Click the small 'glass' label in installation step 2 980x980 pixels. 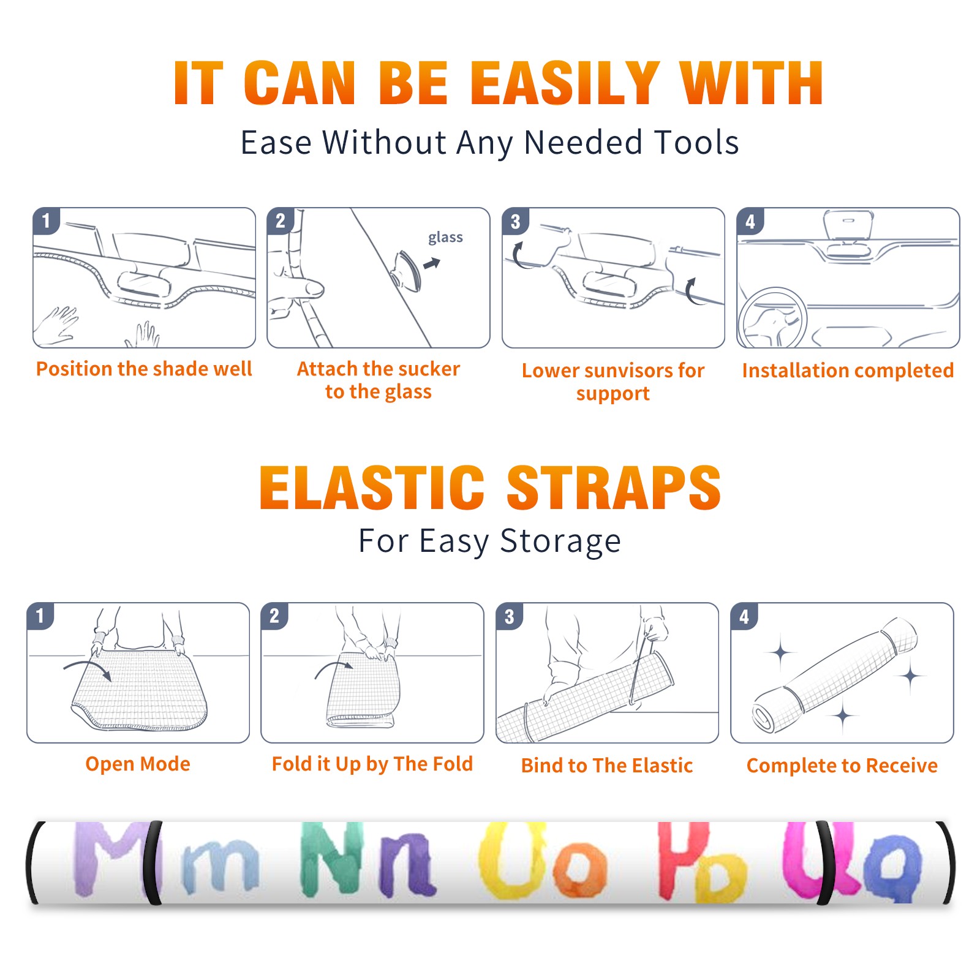(x=445, y=238)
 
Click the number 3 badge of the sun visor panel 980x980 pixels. (x=516, y=221)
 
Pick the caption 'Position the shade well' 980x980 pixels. (x=144, y=369)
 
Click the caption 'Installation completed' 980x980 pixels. (x=848, y=370)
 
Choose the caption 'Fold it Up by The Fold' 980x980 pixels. (x=372, y=764)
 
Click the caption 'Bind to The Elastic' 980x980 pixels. (x=607, y=765)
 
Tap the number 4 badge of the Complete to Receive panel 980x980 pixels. (x=744, y=616)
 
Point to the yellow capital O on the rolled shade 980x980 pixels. (x=513, y=860)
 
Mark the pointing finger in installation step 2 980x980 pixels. (x=298, y=288)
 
